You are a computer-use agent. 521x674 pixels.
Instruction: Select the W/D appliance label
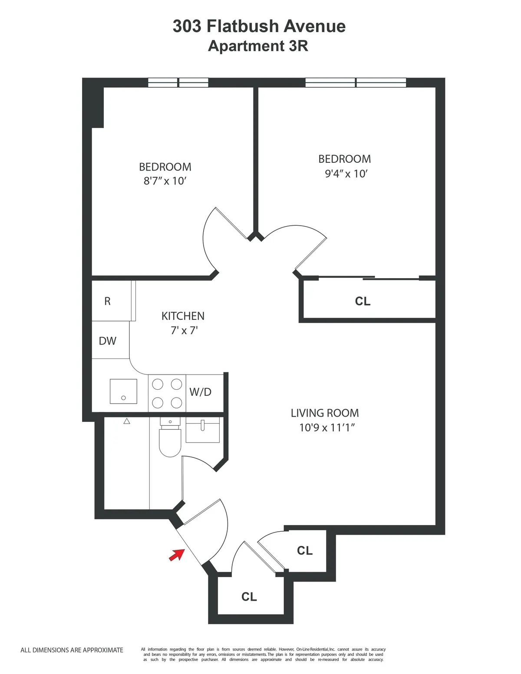click(200, 392)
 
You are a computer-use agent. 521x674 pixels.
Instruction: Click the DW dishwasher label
click(108, 341)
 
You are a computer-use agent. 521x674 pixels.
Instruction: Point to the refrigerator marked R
click(108, 301)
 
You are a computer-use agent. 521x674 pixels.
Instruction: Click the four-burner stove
click(167, 393)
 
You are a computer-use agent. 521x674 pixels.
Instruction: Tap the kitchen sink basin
click(123, 391)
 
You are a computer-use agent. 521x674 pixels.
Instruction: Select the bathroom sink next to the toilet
click(203, 430)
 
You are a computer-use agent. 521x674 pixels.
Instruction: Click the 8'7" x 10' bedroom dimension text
click(165, 181)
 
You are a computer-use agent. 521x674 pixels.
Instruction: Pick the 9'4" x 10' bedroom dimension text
click(346, 174)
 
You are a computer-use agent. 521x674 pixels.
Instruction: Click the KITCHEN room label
click(183, 316)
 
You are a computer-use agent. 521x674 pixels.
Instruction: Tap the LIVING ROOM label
click(325, 413)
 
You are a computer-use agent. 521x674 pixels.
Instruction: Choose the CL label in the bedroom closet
click(363, 301)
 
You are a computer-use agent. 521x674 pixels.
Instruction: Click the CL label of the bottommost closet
click(249, 597)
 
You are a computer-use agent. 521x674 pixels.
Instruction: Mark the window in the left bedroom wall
click(178, 82)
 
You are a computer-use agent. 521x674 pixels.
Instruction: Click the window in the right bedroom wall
click(356, 82)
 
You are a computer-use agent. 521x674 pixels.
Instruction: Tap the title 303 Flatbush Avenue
click(259, 26)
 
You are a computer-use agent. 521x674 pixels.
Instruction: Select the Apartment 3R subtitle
click(258, 46)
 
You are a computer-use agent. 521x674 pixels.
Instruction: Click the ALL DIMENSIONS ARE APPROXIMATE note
click(72, 650)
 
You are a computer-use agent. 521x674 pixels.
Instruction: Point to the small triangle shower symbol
click(127, 421)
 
